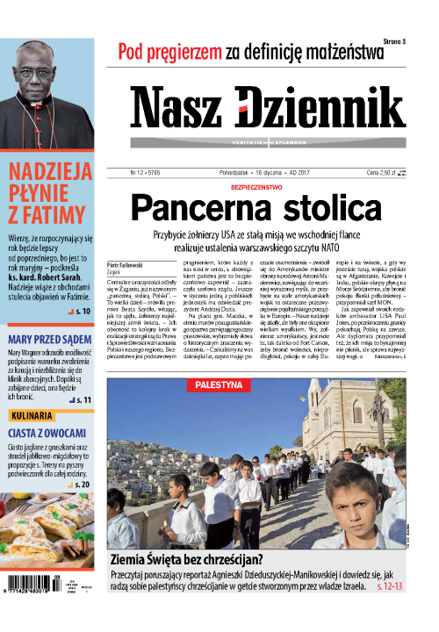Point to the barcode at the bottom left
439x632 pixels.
pyautogui.click(x=44, y=605)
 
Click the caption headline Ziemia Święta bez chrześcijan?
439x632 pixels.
pyautogui.click(x=198, y=558)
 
